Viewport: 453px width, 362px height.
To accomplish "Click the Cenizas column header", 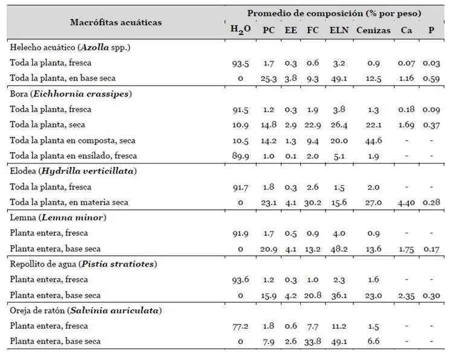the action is point(373,30).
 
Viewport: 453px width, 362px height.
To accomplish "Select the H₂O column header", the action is point(240,30).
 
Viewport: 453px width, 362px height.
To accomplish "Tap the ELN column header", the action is point(339,30).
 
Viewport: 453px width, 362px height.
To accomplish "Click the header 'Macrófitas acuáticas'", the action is point(116,22).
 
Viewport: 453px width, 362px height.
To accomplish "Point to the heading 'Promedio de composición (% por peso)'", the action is point(334,13).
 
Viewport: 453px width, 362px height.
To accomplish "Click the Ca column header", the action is point(406,30).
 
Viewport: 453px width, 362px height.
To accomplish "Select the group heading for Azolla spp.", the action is point(70,47).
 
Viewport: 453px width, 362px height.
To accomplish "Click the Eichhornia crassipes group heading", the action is point(71,94).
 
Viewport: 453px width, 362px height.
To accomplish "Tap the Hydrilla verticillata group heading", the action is point(73,171).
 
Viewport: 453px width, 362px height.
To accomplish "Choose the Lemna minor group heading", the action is point(58,217).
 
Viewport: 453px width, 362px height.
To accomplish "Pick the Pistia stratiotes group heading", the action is point(83,264).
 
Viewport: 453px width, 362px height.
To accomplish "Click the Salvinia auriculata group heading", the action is point(86,310).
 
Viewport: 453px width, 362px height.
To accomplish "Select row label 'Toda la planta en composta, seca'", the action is point(72,141).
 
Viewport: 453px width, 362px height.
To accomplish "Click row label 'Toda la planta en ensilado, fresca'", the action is point(73,156).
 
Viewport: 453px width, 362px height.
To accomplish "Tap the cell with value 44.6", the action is point(373,141).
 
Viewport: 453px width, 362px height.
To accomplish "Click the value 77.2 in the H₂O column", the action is point(240,326).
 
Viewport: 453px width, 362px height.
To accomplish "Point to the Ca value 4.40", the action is point(406,203).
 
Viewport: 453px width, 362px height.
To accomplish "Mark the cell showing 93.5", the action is point(240,63).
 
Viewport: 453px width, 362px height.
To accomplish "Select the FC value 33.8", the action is point(313,341).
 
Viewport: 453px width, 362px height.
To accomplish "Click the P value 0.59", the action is point(431,78).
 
